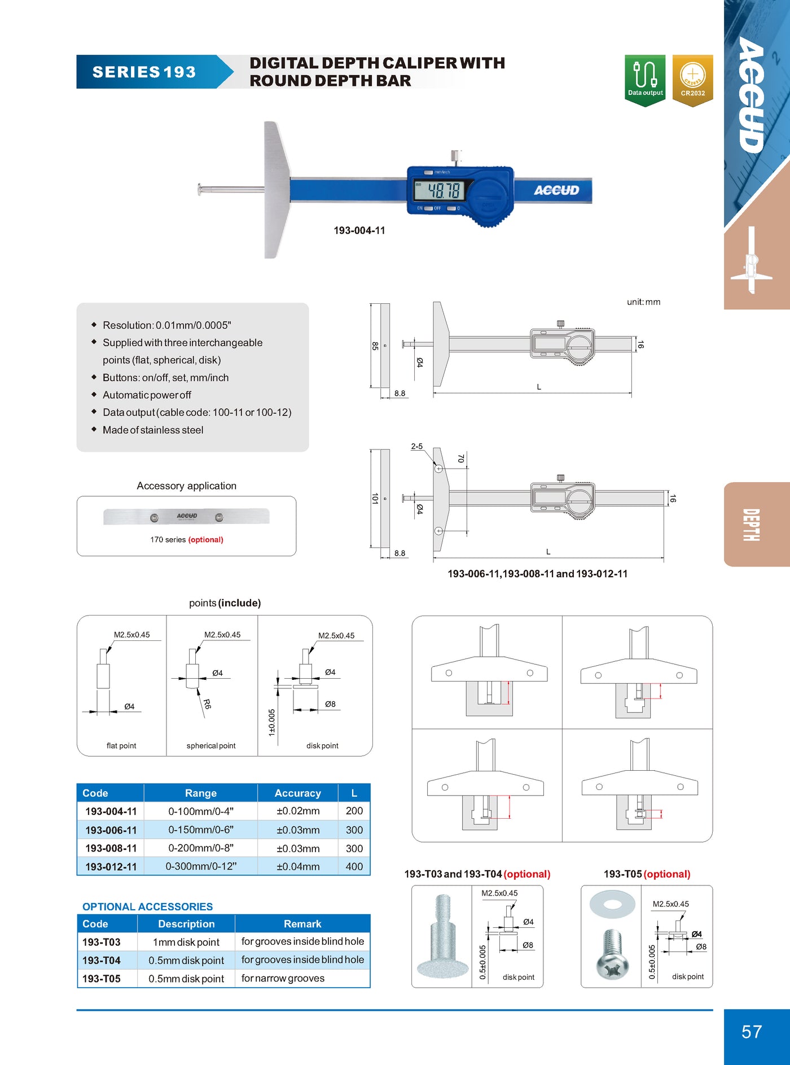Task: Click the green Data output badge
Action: (x=645, y=79)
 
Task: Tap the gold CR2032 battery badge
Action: (x=692, y=79)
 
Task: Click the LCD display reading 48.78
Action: (x=439, y=190)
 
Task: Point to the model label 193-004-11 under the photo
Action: (x=359, y=230)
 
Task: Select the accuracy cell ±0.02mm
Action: (x=297, y=811)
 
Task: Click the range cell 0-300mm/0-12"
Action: (x=201, y=866)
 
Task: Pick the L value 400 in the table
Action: (x=354, y=866)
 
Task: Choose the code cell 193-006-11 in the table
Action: (x=111, y=830)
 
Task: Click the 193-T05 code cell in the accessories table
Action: (x=102, y=979)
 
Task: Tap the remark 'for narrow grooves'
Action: (x=283, y=978)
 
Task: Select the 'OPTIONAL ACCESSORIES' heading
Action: (x=147, y=906)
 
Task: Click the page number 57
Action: (x=752, y=1032)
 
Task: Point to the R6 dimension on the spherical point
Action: (x=207, y=704)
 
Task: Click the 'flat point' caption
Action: (x=121, y=745)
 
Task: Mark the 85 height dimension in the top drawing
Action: (x=375, y=346)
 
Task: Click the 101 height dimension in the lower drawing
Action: (x=375, y=498)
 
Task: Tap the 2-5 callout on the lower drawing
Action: (x=416, y=446)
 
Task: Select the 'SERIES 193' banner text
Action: (x=144, y=72)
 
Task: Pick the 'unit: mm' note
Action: (x=643, y=302)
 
